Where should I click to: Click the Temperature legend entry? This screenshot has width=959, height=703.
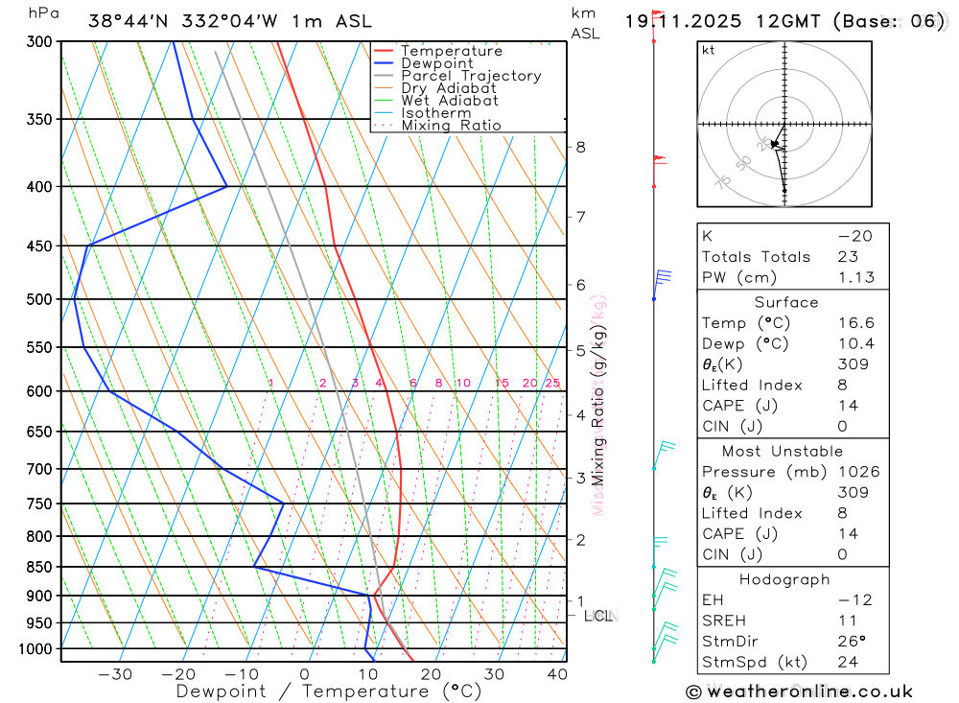coord(451,51)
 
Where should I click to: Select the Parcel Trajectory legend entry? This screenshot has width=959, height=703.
coord(471,76)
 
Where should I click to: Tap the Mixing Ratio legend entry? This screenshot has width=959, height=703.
coord(451,126)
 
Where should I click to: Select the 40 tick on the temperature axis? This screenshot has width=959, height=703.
coord(557,674)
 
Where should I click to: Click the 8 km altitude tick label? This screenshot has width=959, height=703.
coord(580,147)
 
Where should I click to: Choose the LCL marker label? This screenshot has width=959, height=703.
coord(597,616)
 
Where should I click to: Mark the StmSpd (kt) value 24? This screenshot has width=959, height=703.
coord(848,662)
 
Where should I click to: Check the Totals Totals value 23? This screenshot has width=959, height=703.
coord(848,257)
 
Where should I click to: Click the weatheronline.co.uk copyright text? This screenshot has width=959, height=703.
coord(799,691)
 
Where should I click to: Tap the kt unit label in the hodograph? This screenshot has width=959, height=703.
coord(709,51)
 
